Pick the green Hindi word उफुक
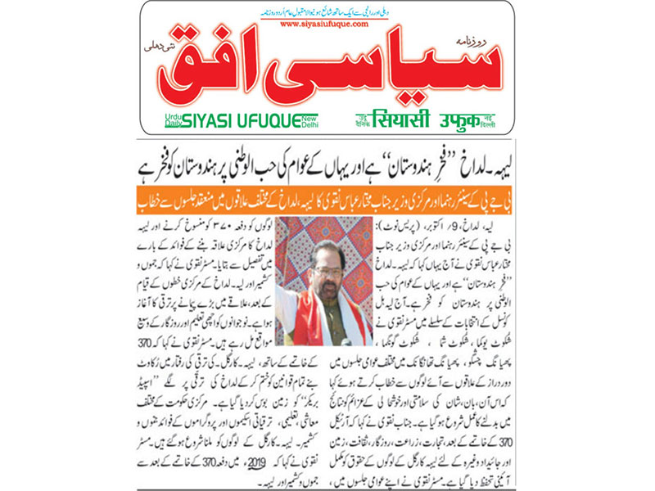(x=464, y=119)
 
